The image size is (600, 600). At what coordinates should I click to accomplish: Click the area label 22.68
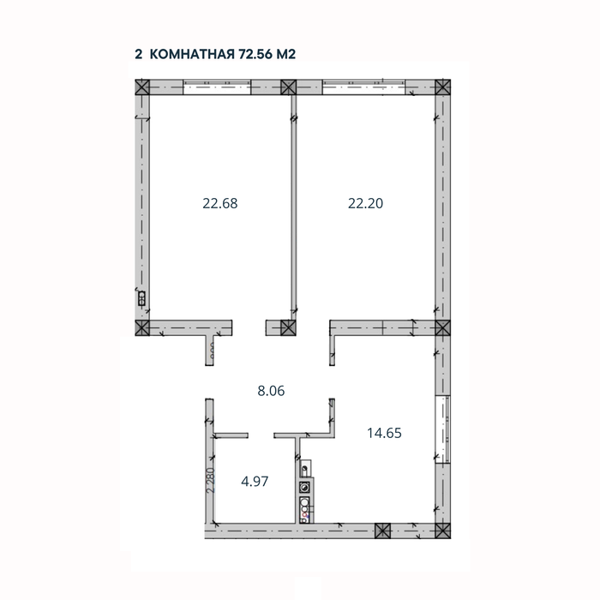pos(219,203)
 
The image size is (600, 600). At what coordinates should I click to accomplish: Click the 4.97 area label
pos(255,480)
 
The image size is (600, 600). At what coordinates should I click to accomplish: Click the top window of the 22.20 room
pos(365,87)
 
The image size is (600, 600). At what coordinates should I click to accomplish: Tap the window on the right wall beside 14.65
pos(441,431)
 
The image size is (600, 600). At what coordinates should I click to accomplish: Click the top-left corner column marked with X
pos(142,87)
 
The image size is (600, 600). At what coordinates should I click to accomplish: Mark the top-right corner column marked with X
pos(441,87)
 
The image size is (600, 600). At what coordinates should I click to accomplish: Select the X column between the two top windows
pos(289,87)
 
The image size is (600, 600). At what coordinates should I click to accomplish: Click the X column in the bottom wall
pos(381,531)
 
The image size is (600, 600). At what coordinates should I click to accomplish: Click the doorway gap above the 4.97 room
pos(261,435)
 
